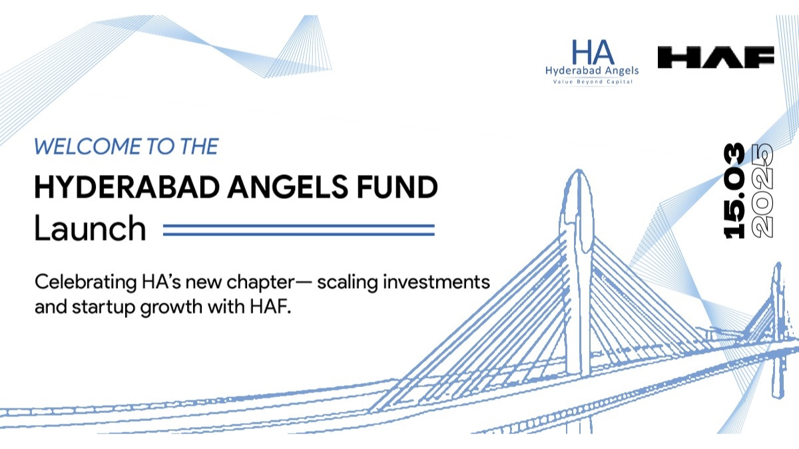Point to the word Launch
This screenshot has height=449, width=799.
click(x=90, y=229)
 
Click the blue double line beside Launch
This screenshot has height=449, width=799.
click(x=298, y=229)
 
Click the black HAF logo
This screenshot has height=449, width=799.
click(x=716, y=57)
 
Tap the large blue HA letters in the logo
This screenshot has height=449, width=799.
click(x=593, y=53)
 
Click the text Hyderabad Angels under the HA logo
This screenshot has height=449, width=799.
click(x=592, y=71)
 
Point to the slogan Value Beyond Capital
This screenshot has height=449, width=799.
click(x=592, y=81)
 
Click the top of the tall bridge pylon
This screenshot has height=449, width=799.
click(x=577, y=181)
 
